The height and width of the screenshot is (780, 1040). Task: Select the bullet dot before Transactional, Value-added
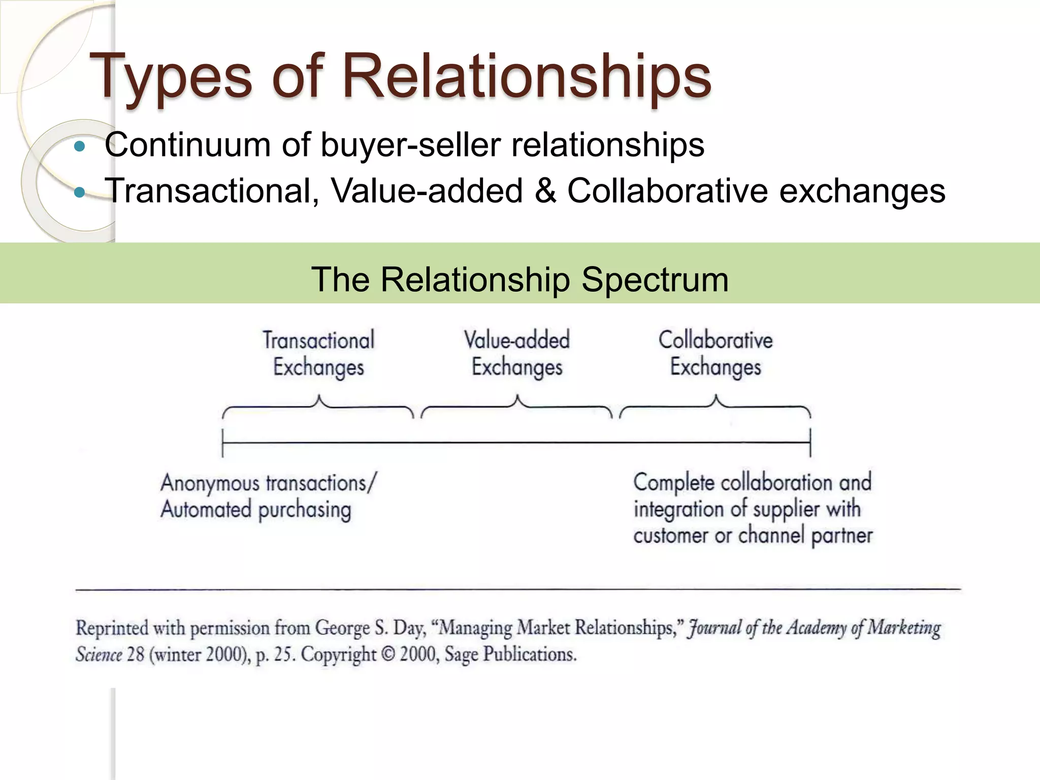[x=80, y=193]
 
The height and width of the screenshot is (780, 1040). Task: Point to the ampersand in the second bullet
[x=545, y=191]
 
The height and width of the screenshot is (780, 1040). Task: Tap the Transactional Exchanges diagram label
[x=318, y=353]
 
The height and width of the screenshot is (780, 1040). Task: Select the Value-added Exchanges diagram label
[x=517, y=353]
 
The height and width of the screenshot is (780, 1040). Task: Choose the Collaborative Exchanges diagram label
[x=716, y=353]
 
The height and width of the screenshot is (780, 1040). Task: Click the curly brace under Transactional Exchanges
[x=318, y=406]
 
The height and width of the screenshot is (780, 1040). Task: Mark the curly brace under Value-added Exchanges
[x=517, y=406]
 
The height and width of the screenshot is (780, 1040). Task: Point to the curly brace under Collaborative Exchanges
[x=716, y=406]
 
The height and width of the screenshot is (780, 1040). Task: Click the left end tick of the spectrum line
[x=223, y=443]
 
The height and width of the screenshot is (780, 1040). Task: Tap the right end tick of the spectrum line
[x=810, y=443]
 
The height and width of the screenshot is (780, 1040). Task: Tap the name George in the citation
[x=342, y=629]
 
